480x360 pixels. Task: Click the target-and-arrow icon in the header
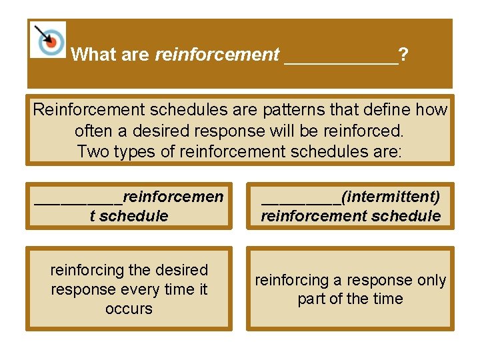click(x=48, y=39)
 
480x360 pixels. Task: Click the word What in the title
click(x=93, y=55)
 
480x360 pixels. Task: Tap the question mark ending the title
click(x=405, y=55)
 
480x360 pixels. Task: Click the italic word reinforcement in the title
click(x=217, y=55)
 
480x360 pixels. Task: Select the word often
click(x=93, y=130)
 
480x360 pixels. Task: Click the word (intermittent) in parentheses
click(x=391, y=197)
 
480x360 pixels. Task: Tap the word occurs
click(x=129, y=309)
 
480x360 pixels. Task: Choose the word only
click(x=431, y=281)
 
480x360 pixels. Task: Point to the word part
click(x=311, y=299)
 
